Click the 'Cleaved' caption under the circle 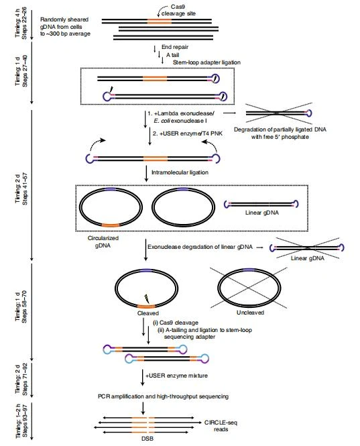point(140,312)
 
